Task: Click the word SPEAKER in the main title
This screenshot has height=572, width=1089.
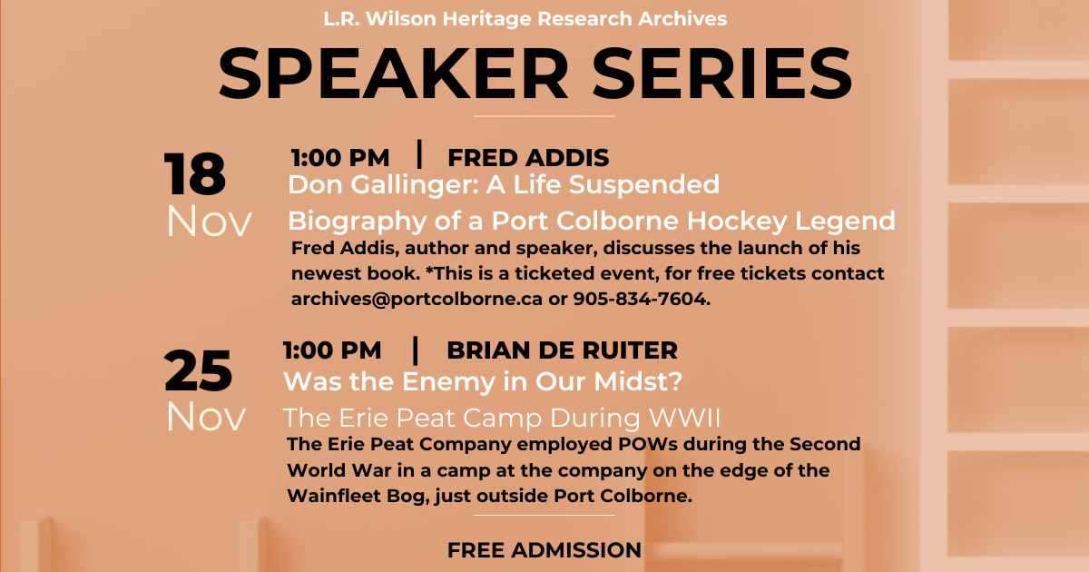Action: (x=393, y=74)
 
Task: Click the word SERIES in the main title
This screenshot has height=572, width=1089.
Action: (x=722, y=74)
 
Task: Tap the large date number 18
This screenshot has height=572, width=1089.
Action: (x=195, y=173)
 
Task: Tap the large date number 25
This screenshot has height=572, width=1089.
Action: (x=198, y=370)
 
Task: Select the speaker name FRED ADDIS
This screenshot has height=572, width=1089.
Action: (x=528, y=158)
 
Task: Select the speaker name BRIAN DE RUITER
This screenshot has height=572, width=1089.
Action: (x=562, y=350)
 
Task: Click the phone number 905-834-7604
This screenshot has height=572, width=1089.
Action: (x=642, y=299)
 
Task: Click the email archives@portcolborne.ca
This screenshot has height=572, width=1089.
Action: (x=417, y=299)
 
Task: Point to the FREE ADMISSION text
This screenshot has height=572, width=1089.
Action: (x=544, y=550)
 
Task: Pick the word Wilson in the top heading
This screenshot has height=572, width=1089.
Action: (x=401, y=19)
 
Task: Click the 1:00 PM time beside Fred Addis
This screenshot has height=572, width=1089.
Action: (x=340, y=158)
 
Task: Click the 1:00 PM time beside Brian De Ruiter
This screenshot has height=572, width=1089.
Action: (x=332, y=350)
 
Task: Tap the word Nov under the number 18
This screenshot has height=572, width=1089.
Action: (x=209, y=222)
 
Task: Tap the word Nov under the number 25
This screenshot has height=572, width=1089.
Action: (x=206, y=417)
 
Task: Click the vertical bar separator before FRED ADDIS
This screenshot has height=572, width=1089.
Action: (x=419, y=154)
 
